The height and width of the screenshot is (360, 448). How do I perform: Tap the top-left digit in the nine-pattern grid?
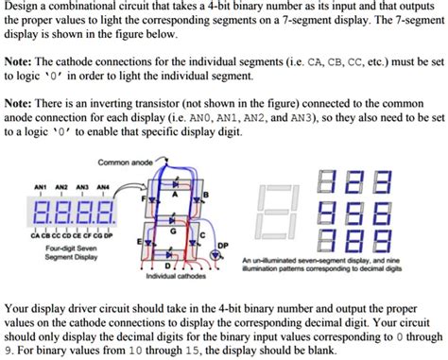coord(327,179)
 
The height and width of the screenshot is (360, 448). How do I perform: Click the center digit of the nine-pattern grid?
coord(355,208)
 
